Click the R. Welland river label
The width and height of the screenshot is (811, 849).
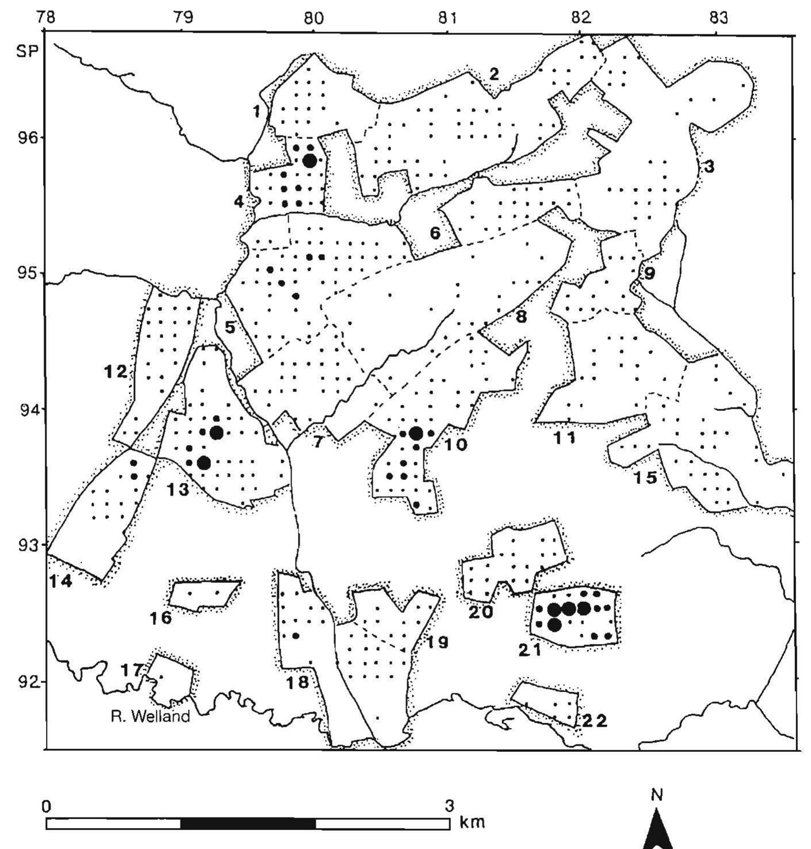pyautogui.click(x=150, y=717)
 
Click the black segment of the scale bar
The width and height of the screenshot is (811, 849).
pyautogui.click(x=248, y=824)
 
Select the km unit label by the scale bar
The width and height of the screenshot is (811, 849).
pyautogui.click(x=473, y=821)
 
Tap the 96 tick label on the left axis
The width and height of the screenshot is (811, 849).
pyautogui.click(x=26, y=139)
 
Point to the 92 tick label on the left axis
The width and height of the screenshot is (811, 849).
pyautogui.click(x=26, y=682)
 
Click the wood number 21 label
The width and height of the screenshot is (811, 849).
pyautogui.click(x=530, y=650)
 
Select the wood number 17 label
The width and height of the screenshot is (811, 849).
pyautogui.click(x=132, y=670)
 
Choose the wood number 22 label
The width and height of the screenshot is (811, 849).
pyautogui.click(x=594, y=720)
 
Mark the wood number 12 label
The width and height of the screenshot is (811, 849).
pyautogui.click(x=116, y=372)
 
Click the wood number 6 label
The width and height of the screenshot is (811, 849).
pyautogui.click(x=435, y=233)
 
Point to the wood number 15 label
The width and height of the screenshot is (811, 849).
pyautogui.click(x=645, y=478)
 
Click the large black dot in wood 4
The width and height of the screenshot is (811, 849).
pyautogui.click(x=309, y=160)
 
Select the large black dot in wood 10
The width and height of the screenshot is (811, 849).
pyautogui.click(x=416, y=433)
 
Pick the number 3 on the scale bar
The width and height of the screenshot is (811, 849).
pyautogui.click(x=450, y=806)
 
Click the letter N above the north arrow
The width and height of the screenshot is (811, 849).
pyautogui.click(x=657, y=796)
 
